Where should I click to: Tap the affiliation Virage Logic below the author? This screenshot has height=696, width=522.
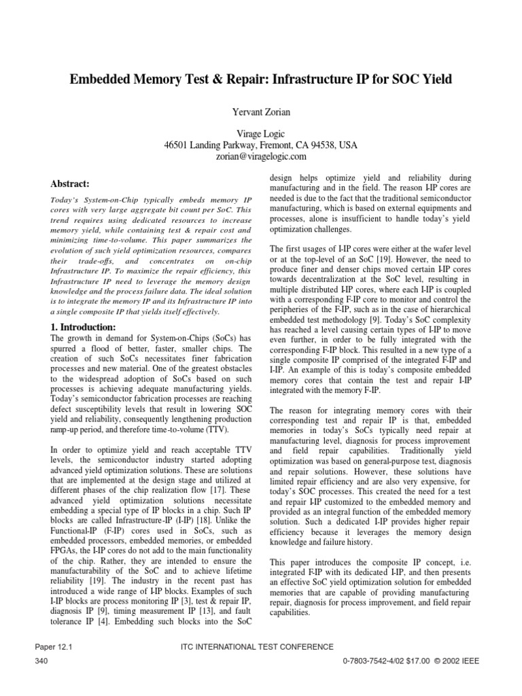pos(261,135)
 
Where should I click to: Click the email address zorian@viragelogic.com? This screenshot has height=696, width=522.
pos(261,156)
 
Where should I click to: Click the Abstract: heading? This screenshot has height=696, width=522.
pos(71,184)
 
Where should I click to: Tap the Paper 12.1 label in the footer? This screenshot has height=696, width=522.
pos(52,646)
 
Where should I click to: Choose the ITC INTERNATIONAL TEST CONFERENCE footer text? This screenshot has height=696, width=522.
pos(261,646)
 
